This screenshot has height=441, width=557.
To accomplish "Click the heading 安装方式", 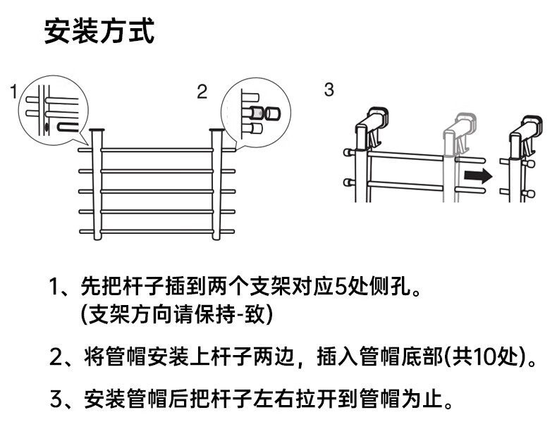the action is [x=99, y=32].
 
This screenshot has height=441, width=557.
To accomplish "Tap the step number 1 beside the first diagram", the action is [x=13, y=92].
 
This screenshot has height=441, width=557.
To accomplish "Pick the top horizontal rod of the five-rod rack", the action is [x=157, y=150].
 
